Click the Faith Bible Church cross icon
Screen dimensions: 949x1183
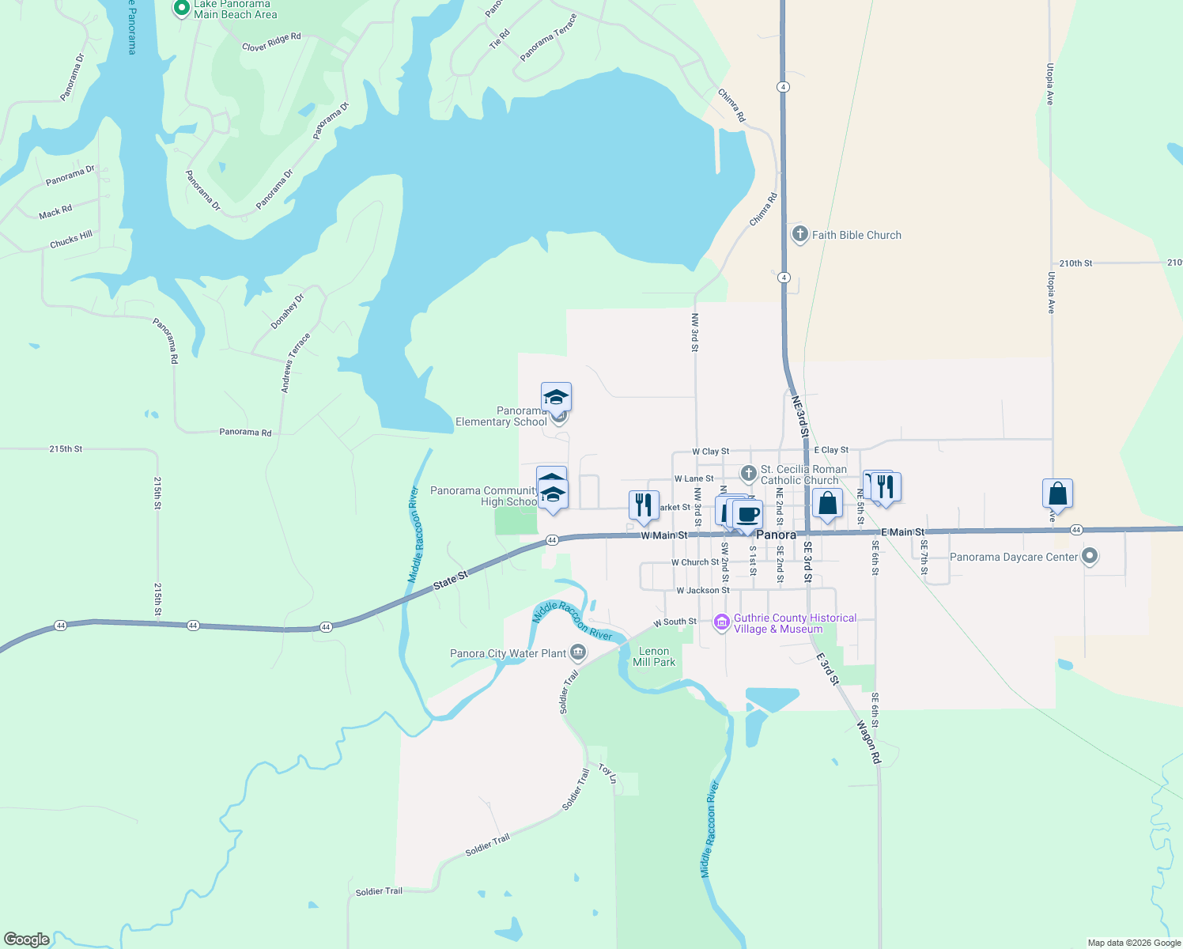click(799, 234)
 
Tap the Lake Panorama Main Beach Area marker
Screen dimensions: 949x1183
click(182, 9)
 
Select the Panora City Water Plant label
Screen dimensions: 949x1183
click(508, 653)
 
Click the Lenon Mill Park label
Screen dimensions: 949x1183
click(654, 656)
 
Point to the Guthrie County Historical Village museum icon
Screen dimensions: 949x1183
click(721, 623)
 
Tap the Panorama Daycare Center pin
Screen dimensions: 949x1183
click(1090, 557)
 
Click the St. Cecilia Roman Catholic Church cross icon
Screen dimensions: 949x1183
click(748, 474)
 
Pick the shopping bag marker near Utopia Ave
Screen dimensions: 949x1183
click(1057, 494)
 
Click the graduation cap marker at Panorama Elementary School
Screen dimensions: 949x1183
click(556, 397)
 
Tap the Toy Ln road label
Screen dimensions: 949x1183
click(607, 773)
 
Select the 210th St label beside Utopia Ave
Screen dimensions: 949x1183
click(1075, 263)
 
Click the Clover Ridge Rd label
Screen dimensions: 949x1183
click(271, 42)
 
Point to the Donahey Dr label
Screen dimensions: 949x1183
click(287, 312)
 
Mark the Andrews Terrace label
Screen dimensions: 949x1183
click(296, 363)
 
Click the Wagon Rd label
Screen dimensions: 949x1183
click(868, 742)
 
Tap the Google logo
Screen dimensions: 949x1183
click(27, 940)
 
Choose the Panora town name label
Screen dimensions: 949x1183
click(776, 535)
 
